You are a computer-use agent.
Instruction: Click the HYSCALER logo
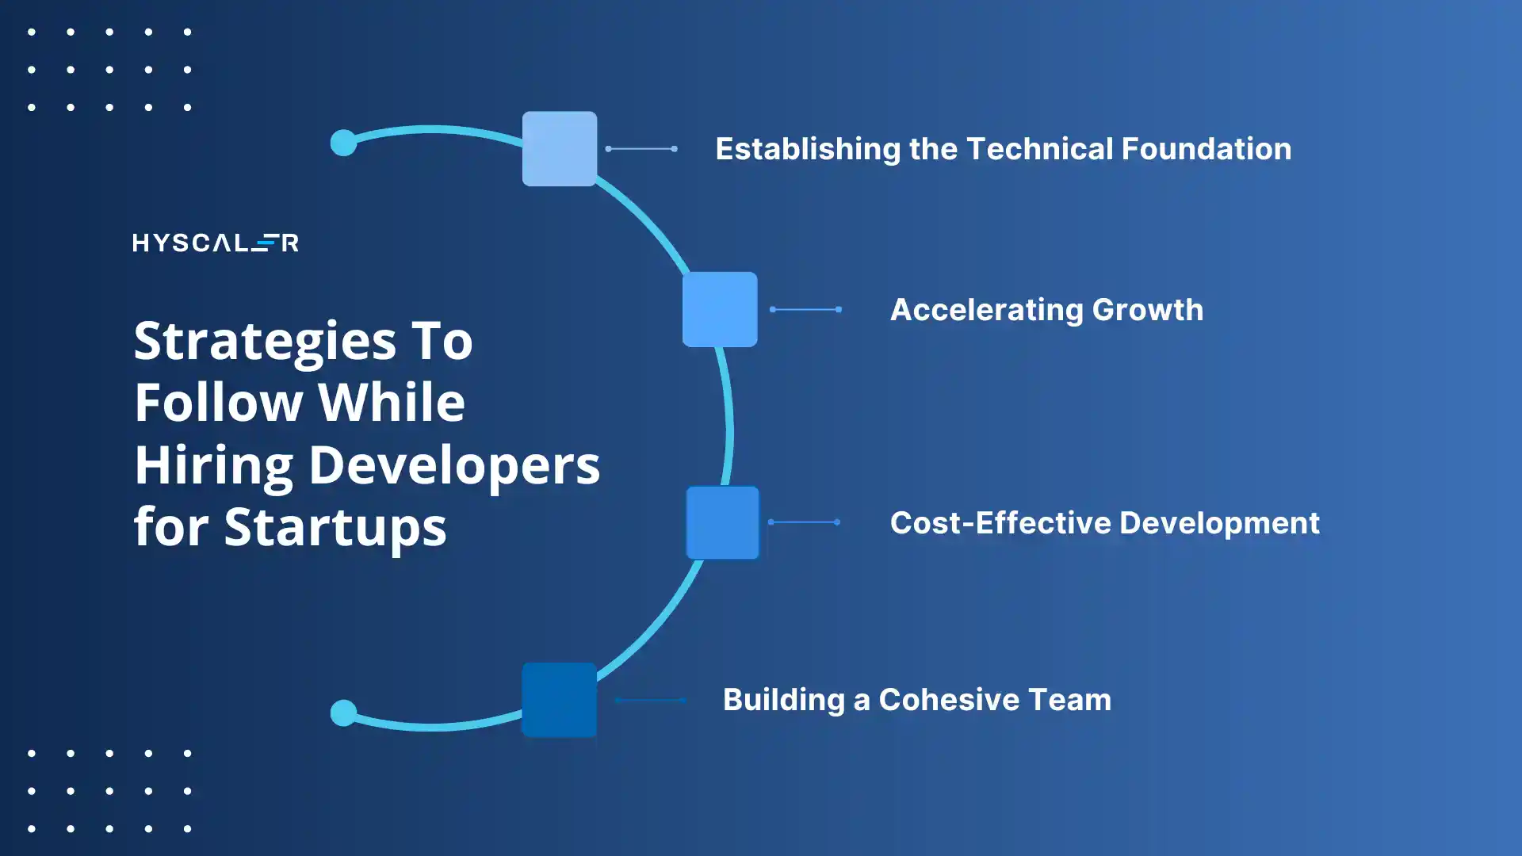pyautogui.click(x=215, y=243)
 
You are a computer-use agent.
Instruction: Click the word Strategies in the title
pyautogui.click(x=265, y=342)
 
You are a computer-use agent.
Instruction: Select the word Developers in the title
pyautogui.click(x=453, y=465)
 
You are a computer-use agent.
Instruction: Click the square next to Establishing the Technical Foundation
pyautogui.click(x=560, y=149)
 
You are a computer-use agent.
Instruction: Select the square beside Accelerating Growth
pyautogui.click(x=720, y=309)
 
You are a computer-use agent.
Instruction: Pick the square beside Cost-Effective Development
pyautogui.click(x=722, y=523)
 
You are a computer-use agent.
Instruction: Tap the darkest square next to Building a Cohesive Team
pyautogui.click(x=559, y=700)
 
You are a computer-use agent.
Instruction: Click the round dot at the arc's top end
pyautogui.click(x=343, y=143)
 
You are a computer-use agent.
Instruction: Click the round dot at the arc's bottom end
pyautogui.click(x=343, y=713)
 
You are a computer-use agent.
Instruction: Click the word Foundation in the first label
pyautogui.click(x=1206, y=149)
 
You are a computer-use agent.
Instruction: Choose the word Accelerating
pyautogui.click(x=986, y=310)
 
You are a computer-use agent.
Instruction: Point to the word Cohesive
pyautogui.click(x=948, y=700)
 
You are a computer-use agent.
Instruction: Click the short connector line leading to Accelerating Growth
pyautogui.click(x=805, y=309)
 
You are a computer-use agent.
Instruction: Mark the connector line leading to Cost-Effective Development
pyautogui.click(x=804, y=522)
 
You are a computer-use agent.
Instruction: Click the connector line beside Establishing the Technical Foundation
pyautogui.click(x=641, y=148)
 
